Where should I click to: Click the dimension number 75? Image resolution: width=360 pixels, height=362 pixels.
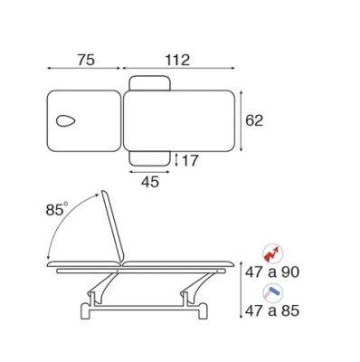point(86,60)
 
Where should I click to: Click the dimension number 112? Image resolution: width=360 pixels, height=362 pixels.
point(177,60)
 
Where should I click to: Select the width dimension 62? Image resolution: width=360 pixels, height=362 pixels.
point(254,120)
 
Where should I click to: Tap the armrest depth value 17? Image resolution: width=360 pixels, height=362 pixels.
point(190,160)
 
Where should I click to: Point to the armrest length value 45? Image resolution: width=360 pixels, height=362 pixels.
point(150,182)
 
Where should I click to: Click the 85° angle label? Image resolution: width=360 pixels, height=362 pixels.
point(57,209)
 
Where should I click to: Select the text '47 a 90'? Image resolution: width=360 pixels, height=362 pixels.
point(272,272)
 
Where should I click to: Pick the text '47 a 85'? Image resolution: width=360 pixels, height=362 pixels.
point(272,310)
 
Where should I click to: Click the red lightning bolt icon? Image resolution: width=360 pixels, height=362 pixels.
point(272,254)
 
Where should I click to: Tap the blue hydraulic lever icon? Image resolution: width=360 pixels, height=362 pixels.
point(272,292)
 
